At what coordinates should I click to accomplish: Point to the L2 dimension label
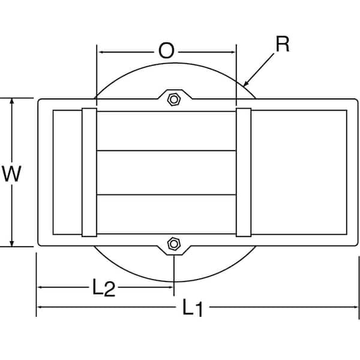[103, 289]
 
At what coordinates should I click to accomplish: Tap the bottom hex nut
[174, 244]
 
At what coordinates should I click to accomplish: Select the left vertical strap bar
[89, 172]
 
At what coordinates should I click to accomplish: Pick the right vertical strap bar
[244, 172]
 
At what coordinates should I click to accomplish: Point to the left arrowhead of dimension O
[101, 52]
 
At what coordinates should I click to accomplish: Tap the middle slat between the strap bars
[166, 172]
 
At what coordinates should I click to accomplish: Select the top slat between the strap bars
[166, 130]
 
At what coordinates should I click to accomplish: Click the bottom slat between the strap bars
[166, 214]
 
